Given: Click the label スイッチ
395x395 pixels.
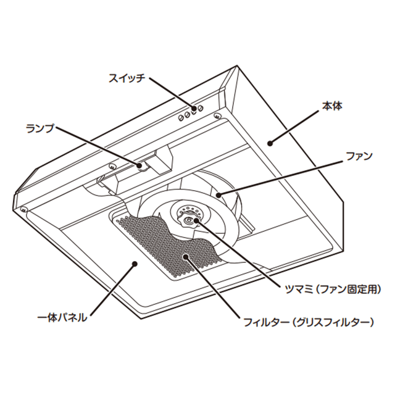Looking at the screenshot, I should (127, 78).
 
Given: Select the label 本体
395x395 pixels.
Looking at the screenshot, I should (331, 106).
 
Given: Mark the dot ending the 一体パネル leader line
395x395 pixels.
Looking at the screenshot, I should (135, 264).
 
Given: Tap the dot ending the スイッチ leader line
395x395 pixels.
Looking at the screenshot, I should (194, 110).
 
